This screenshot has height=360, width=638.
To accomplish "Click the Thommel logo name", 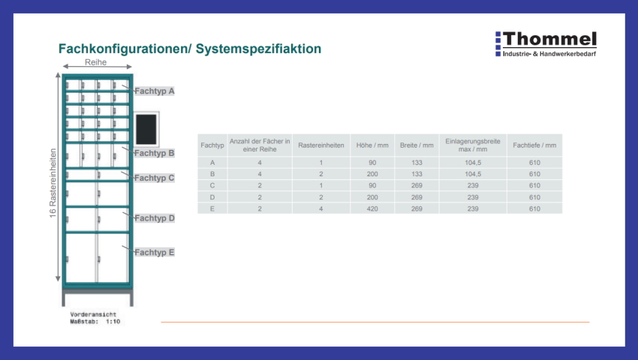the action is [550, 39].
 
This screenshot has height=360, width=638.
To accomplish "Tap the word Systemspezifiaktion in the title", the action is [258, 49].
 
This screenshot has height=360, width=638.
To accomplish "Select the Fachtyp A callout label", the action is [154, 91].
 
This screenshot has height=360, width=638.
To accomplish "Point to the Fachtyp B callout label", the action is [154, 153].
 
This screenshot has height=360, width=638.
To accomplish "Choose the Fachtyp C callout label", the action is [154, 178].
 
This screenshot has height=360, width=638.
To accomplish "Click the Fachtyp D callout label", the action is [154, 218].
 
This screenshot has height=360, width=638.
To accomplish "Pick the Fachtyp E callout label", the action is [154, 252].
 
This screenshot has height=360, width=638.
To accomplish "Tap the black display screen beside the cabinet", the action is [146, 129].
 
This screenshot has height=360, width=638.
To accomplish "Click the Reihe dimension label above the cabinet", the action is [95, 62].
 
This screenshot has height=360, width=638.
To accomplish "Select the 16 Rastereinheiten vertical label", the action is [53, 183].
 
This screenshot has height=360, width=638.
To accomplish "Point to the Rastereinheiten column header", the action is [321, 145].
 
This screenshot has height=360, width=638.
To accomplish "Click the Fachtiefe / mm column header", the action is [534, 145].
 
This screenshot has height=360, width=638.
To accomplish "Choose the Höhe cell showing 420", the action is [372, 208].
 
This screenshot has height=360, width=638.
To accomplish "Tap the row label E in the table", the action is [212, 208].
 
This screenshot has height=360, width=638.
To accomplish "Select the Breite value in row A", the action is [417, 163].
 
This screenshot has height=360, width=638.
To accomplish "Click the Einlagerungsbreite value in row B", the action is [473, 174].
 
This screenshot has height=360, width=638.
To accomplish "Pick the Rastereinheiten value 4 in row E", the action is [321, 208].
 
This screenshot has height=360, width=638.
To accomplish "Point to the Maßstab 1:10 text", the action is [95, 321].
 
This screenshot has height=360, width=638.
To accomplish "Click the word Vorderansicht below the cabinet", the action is [93, 314].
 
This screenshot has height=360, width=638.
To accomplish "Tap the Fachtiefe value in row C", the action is [534, 185].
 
